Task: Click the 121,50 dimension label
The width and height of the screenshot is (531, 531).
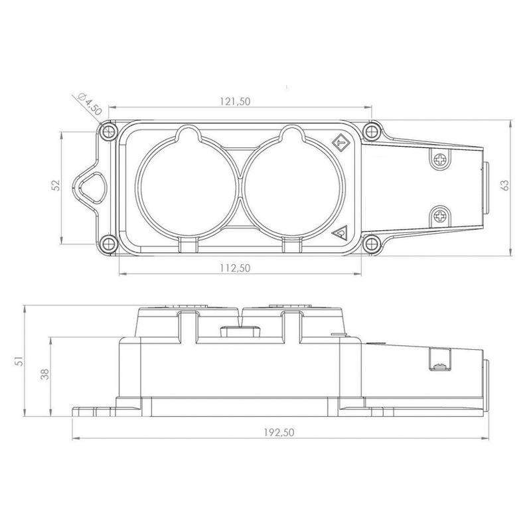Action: pos(235,102)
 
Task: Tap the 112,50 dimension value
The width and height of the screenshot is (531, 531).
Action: pos(235,268)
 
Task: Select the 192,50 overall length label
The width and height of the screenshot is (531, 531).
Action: pos(279,433)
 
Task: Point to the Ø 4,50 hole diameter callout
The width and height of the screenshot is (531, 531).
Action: pos(90,104)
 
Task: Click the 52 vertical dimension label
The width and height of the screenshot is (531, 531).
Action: pos(56,185)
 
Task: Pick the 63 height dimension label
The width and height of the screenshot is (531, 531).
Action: pos(504,185)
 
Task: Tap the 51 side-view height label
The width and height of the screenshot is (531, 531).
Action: pos(20,360)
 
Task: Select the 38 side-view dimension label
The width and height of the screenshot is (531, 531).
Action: pos(44,374)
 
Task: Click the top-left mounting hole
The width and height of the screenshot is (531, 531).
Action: pos(108,131)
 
